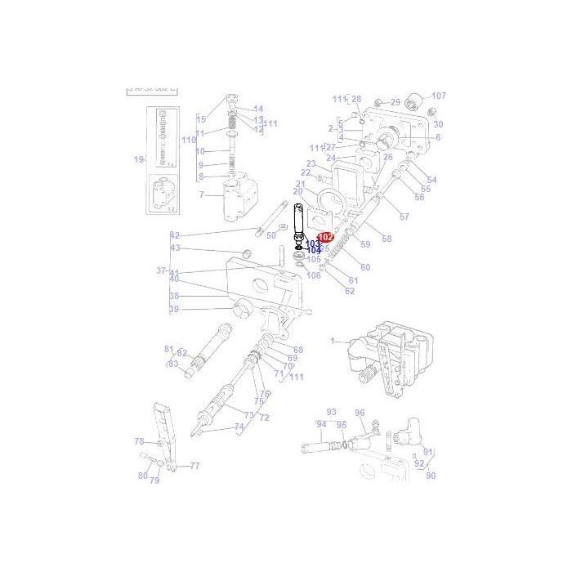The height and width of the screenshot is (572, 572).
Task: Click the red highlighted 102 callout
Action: pyautogui.click(x=326, y=237)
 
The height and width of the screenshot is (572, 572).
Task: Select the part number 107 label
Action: pyautogui.click(x=439, y=96)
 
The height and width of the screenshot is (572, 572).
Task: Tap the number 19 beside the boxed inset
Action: pyautogui.click(x=139, y=159)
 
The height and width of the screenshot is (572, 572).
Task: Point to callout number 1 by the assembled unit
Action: pyautogui.click(x=333, y=340)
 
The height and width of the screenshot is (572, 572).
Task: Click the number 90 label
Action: pyautogui.click(x=431, y=476)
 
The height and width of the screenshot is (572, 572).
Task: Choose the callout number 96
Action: pyautogui.click(x=360, y=413)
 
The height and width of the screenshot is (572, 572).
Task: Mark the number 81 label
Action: pyautogui.click(x=169, y=348)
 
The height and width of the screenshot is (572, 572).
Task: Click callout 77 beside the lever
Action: pyautogui.click(x=194, y=466)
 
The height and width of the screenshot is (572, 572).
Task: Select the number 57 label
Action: pyautogui.click(x=404, y=216)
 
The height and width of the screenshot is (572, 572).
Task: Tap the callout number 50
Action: pyautogui.click(x=271, y=235)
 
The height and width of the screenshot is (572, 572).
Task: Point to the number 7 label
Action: pyautogui.click(x=201, y=194)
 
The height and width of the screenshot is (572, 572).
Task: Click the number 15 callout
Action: pyautogui.click(x=201, y=120)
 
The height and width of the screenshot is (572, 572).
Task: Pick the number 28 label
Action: pyautogui.click(x=355, y=98)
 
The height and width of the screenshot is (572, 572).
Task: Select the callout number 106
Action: pyautogui.click(x=314, y=275)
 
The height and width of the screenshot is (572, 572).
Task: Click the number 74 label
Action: pyautogui.click(x=239, y=427)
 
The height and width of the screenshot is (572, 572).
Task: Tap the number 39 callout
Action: pyautogui.click(x=173, y=309)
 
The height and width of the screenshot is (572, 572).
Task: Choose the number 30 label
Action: pyautogui.click(x=438, y=124)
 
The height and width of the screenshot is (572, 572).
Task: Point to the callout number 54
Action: pyautogui.click(x=432, y=180)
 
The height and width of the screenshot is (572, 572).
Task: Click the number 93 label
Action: pyautogui.click(x=332, y=412)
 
